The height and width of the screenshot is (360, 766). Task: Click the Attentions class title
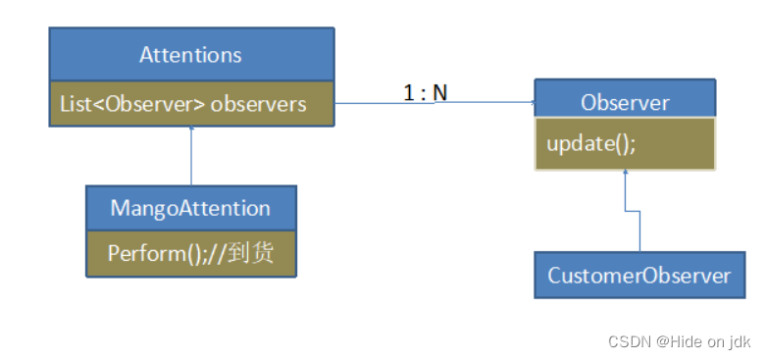tap(190, 54)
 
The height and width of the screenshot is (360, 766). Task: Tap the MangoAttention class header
tap(190, 208)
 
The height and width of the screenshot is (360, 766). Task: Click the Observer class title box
tap(625, 102)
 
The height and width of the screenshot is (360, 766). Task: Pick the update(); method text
tap(591, 143)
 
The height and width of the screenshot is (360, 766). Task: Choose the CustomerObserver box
tap(638, 276)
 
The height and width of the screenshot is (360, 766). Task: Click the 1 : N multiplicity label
tap(425, 92)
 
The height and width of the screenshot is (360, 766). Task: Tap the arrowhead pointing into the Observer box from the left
tap(531, 102)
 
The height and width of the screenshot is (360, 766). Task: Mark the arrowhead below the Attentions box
tap(192, 130)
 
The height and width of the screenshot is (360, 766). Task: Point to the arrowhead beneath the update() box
tap(625, 175)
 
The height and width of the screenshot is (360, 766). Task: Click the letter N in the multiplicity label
tap(439, 92)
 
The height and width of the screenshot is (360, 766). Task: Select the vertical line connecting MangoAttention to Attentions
tap(192, 157)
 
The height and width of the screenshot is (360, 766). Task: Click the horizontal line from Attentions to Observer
tap(432, 102)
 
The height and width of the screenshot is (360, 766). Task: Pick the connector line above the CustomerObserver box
tap(639, 231)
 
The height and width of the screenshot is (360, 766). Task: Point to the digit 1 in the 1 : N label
tap(408, 92)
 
